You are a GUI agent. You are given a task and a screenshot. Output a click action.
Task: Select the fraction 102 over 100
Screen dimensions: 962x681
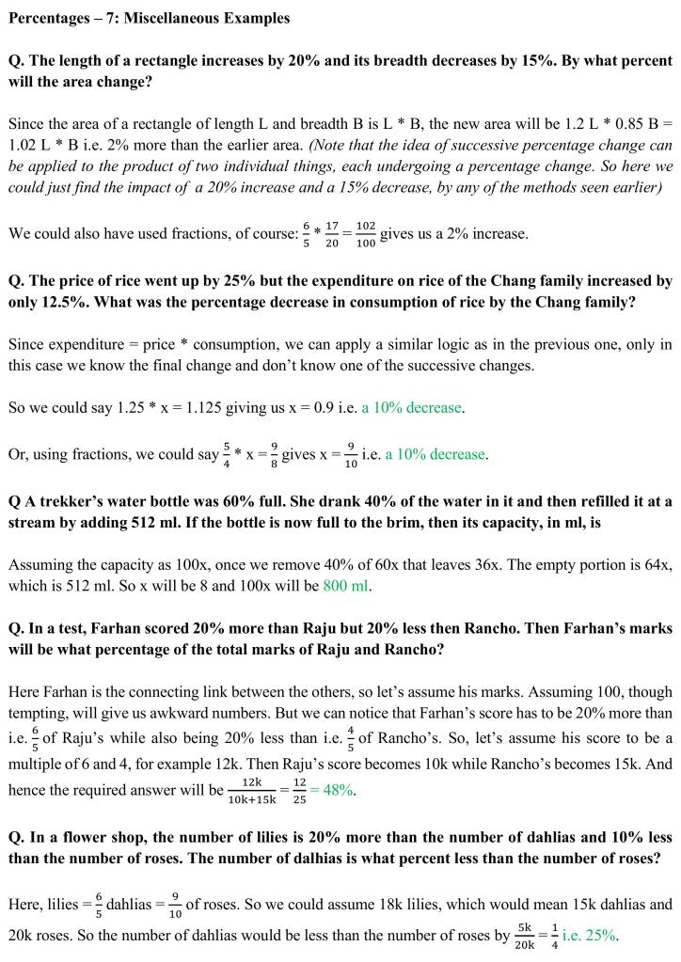[366, 234]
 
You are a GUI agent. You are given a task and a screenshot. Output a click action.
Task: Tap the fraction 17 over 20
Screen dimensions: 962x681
[333, 234]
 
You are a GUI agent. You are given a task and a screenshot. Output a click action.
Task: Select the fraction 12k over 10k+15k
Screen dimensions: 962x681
[251, 790]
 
